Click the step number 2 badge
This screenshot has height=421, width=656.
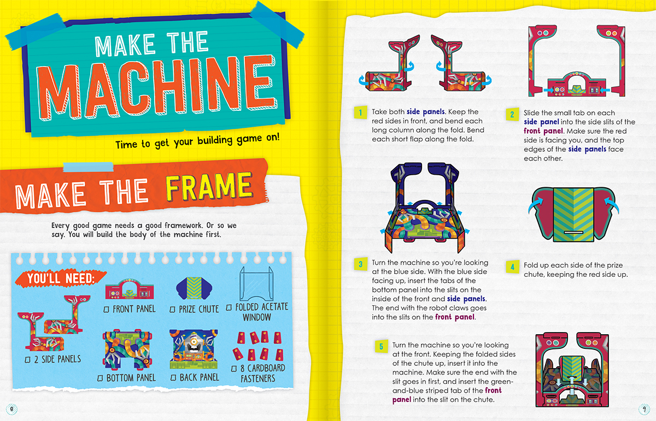click(512, 114)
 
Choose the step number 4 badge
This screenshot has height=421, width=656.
click(512, 266)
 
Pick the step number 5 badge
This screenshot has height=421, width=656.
click(381, 346)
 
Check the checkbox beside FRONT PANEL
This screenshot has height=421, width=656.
click(107, 310)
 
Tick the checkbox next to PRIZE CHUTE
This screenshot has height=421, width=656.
click(173, 310)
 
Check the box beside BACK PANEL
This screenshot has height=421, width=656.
click(173, 378)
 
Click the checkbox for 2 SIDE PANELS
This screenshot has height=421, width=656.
click(27, 359)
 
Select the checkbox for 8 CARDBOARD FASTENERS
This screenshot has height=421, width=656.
click(235, 368)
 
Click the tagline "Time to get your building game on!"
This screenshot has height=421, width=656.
click(197, 146)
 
